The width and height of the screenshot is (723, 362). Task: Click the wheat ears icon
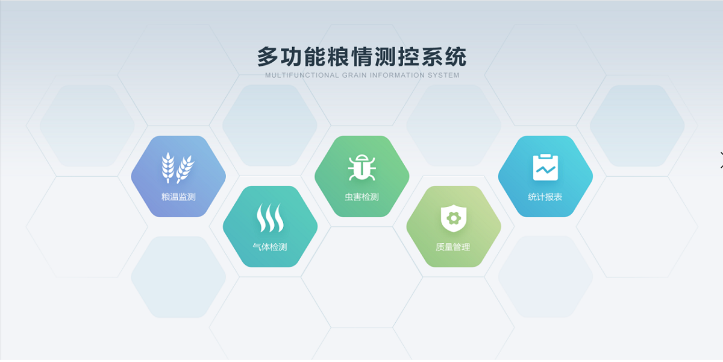(x=178, y=168)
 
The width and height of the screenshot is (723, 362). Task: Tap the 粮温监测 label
(x=178, y=197)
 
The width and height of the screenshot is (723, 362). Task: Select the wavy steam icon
(x=270, y=218)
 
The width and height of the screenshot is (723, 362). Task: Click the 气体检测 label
(x=270, y=247)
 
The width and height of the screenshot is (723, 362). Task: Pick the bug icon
(x=362, y=167)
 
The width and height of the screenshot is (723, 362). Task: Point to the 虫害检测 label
(x=361, y=197)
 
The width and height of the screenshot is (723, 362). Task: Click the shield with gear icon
(x=454, y=218)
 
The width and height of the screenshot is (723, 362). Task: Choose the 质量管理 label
(x=453, y=247)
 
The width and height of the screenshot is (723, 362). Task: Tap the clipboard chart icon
(x=545, y=167)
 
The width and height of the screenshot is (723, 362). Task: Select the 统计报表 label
(x=545, y=197)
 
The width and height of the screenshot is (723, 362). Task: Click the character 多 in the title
(x=268, y=57)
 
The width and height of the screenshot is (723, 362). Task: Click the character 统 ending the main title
(x=455, y=57)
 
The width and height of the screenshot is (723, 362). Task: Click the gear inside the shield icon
(x=454, y=218)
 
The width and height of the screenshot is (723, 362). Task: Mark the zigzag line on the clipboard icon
(x=545, y=170)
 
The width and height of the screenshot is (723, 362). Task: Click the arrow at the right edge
(x=721, y=160)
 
